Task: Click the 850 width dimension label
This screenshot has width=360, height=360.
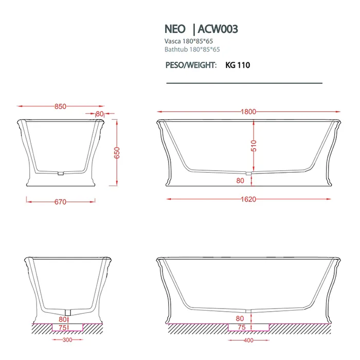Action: coord(60,106)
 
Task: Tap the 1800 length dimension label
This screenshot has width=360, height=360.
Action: coord(248,112)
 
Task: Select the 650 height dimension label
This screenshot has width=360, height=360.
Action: coord(117,153)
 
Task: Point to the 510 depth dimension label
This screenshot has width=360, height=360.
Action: coord(254,146)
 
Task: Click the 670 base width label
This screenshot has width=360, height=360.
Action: coord(60,202)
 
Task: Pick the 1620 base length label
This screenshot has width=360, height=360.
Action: coord(248,200)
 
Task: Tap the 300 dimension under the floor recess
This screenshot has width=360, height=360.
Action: coord(67,340)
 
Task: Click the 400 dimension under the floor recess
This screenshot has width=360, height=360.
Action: coord(248,340)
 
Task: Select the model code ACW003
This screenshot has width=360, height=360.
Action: coord(218,29)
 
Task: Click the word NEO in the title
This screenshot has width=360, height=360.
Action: coord(175,29)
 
